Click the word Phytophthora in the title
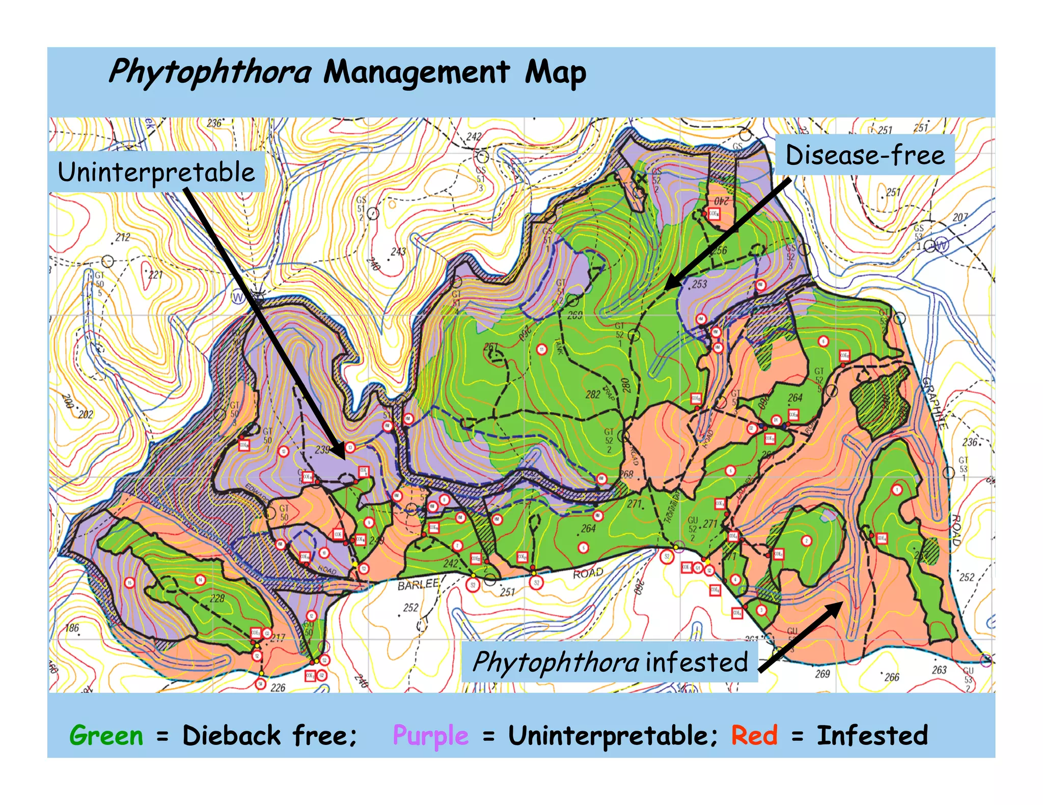[x=210, y=72]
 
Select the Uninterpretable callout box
[x=156, y=171]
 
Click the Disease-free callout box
[x=864, y=155]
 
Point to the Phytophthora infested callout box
[x=609, y=662]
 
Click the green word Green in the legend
[x=106, y=735]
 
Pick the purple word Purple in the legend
[x=430, y=736]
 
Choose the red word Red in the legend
[x=754, y=735]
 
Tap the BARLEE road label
[x=418, y=585]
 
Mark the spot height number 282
[x=592, y=394]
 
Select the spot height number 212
[x=123, y=237]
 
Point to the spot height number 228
[x=217, y=598]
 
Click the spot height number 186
[x=72, y=627]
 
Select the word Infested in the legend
[x=872, y=735]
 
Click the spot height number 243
[x=398, y=251]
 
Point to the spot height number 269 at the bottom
[x=822, y=674]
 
